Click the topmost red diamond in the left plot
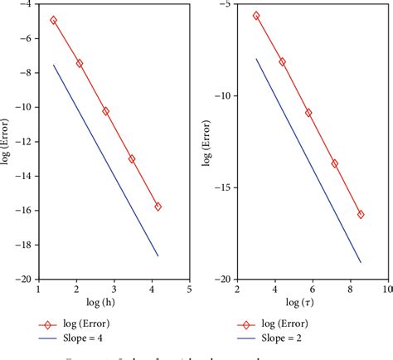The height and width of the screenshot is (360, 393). pos(54,20)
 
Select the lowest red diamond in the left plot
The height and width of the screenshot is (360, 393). pos(158,207)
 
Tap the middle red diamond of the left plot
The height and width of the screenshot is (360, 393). pos(105,111)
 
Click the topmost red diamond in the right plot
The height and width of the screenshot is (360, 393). pos(256,16)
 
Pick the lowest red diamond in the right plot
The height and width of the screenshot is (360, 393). pos(361,214)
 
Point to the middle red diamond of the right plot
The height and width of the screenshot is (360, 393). pos(308,112)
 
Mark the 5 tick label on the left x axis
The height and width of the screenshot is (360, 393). pos(189,289)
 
